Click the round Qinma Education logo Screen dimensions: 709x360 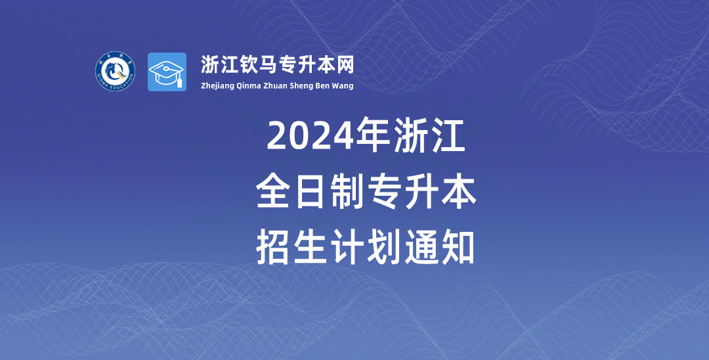[115, 71]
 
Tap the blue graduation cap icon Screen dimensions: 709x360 [167, 72]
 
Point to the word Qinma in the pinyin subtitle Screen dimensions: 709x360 [247, 86]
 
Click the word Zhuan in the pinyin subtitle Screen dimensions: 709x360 [274, 85]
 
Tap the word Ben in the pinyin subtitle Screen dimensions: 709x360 [324, 85]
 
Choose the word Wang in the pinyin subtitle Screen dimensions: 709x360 [343, 86]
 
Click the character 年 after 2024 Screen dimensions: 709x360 [373, 135]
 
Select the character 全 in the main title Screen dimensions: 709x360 [272, 192]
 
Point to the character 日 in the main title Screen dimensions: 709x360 [310, 192]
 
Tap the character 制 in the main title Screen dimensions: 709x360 [347, 192]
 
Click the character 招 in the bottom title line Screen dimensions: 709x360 [272, 247]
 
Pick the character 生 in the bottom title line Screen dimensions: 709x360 [310, 247]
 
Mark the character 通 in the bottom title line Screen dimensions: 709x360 [421, 247]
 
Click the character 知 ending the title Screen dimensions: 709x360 [458, 247]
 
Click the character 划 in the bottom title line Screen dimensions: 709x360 [384, 247]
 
